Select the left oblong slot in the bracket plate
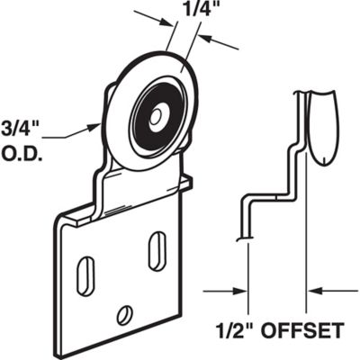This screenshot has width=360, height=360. (x=88, y=270)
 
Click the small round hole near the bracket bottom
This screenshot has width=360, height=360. (x=124, y=314)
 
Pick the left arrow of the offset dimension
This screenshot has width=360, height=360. (x=241, y=291)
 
